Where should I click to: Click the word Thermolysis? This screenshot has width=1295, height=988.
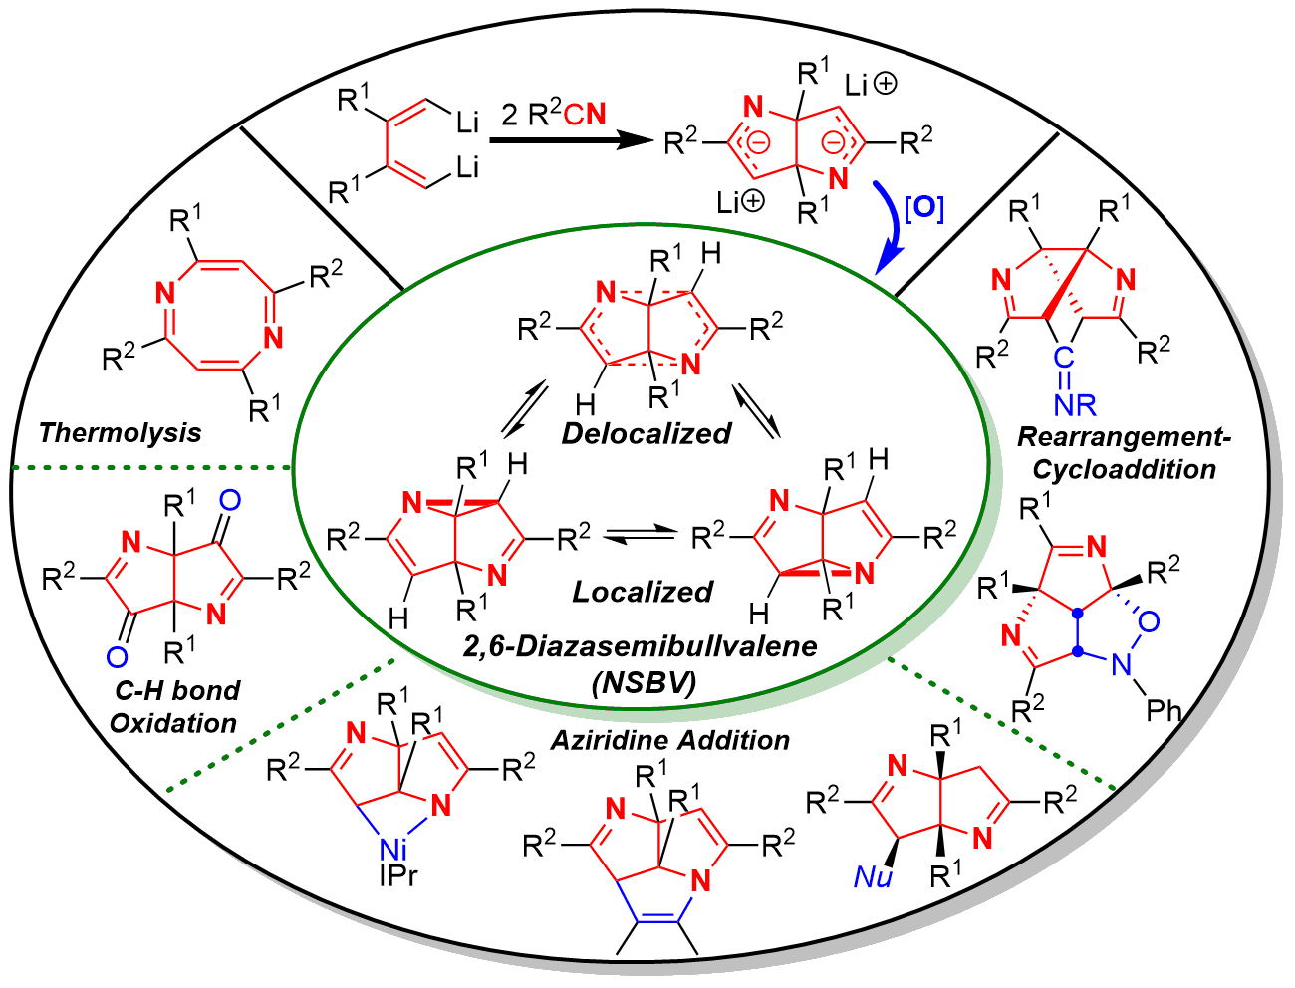click(x=120, y=432)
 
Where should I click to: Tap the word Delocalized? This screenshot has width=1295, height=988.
click(x=647, y=433)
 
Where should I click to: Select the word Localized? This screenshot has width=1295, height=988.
click(x=643, y=592)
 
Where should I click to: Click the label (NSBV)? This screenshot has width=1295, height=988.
click(x=642, y=682)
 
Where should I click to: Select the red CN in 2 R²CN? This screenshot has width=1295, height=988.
click(x=584, y=115)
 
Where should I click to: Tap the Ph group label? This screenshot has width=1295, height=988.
click(x=1164, y=710)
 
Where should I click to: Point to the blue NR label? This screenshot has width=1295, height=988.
click(x=1072, y=404)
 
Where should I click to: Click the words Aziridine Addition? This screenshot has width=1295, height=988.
click(x=670, y=740)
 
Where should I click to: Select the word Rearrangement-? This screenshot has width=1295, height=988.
click(x=1125, y=436)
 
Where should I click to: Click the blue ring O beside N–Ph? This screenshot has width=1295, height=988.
click(x=1149, y=621)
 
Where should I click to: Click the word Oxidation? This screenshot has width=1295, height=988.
click(x=173, y=722)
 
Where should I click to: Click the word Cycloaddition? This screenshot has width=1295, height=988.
click(x=1125, y=469)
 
